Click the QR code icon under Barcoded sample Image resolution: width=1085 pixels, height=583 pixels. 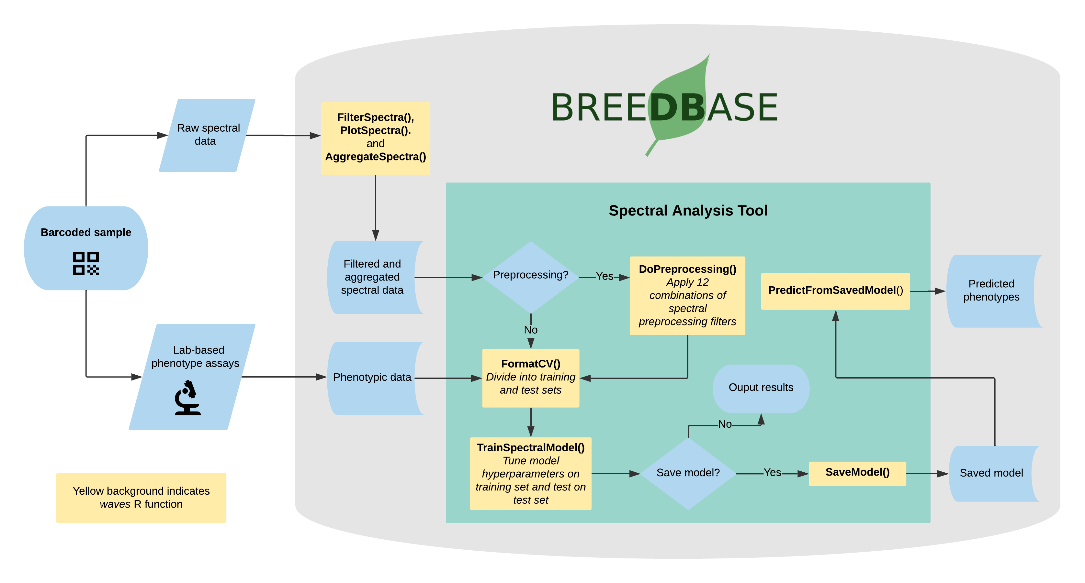click(x=86, y=263)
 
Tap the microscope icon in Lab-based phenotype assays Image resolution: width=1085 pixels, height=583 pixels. click(x=187, y=398)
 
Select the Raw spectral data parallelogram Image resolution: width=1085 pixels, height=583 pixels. click(x=207, y=135)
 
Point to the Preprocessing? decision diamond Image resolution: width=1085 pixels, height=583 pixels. click(x=530, y=277)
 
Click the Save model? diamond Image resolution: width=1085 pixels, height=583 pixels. click(x=688, y=473)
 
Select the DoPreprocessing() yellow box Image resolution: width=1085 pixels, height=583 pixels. click(x=687, y=295)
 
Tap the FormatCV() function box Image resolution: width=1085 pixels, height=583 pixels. click(x=530, y=378)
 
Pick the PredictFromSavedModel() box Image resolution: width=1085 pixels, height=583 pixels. click(x=835, y=291)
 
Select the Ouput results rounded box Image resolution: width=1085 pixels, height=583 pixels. click(x=761, y=388)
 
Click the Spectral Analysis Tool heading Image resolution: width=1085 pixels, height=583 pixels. click(x=688, y=211)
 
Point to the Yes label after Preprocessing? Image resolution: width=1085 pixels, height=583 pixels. click(x=605, y=276)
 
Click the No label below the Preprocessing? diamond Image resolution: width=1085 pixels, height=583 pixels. click(x=530, y=330)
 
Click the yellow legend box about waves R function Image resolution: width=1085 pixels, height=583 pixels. click(x=141, y=498)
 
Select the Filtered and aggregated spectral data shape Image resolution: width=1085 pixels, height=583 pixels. click(x=372, y=277)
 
